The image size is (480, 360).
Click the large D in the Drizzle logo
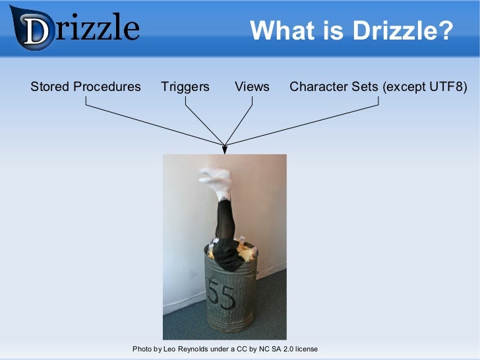pyautogui.click(x=36, y=30)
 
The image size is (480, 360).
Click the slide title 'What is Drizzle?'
pyautogui.click(x=351, y=30)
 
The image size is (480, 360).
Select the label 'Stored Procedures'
pyautogui.click(x=86, y=86)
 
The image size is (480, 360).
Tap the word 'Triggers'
pyautogui.click(x=185, y=86)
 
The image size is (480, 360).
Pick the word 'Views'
pyautogui.click(x=252, y=86)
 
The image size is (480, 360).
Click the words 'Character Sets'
pyautogui.click(x=334, y=86)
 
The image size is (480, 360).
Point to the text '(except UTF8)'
pyautogui.click(x=425, y=86)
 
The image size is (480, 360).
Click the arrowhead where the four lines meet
pyautogui.click(x=225, y=149)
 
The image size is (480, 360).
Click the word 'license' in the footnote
pyautogui.click(x=305, y=348)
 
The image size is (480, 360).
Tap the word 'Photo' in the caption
pyautogui.click(x=142, y=348)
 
